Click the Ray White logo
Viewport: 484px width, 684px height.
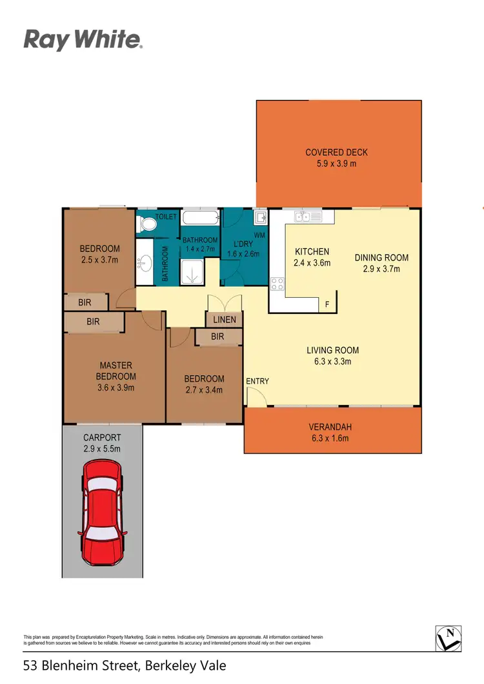83,40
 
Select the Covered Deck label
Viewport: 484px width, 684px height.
336,153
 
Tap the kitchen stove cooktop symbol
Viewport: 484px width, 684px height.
277,284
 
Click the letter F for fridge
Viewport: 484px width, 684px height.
327,305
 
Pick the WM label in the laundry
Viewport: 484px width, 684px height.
260,235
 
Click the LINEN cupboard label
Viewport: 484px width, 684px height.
225,320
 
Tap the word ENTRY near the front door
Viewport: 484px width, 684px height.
257,381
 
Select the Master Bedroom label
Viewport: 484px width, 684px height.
116,371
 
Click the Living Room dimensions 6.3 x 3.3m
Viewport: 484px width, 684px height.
332,362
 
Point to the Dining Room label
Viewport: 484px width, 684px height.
381,257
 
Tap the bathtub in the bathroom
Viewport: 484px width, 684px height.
200,217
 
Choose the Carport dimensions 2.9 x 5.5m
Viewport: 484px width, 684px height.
102,448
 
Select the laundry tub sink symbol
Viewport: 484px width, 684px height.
260,217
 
